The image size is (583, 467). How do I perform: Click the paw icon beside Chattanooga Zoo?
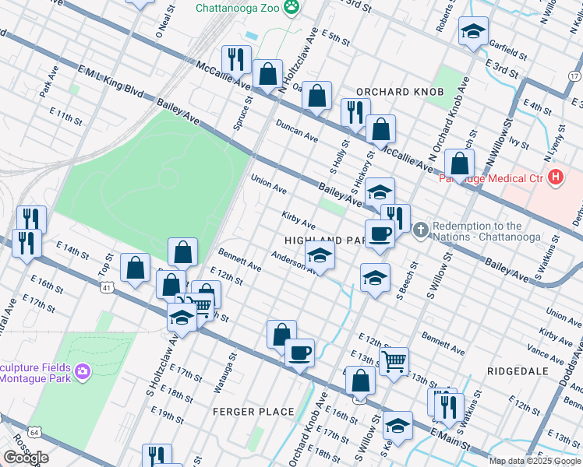tap(291, 7)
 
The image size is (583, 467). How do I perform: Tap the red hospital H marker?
tap(555, 177)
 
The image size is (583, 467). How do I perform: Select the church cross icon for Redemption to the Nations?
tap(420, 229)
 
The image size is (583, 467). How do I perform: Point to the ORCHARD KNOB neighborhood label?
tap(400, 92)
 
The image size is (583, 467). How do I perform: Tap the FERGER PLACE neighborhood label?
tap(254, 411)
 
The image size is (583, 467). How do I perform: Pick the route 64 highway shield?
tap(34, 430)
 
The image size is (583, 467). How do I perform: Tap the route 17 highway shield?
tap(574, 75)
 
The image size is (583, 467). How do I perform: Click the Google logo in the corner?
tap(26, 458)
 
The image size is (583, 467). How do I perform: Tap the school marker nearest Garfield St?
tap(473, 32)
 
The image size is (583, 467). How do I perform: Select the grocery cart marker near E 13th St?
tap(394, 361)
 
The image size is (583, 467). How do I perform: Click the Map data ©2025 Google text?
tap(535, 461)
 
